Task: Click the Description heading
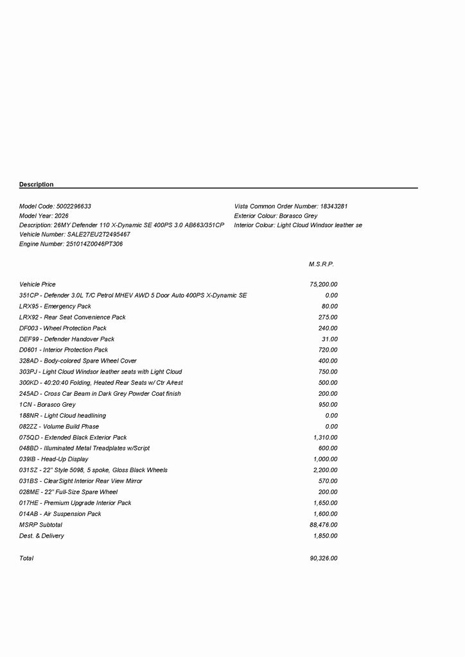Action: coord(37,185)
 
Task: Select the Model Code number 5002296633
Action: coord(74,207)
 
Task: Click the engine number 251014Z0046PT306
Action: coord(94,244)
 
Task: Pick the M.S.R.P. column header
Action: coord(321,264)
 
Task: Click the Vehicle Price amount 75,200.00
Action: coord(324,284)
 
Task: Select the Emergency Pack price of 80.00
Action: coord(329,306)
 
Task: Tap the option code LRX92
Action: coord(28,317)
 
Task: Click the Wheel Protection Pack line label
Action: coord(63,328)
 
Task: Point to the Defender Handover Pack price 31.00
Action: coord(329,339)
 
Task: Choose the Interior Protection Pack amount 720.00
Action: coord(328,350)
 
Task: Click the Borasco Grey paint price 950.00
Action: coord(328,405)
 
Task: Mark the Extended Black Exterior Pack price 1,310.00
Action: coord(325,438)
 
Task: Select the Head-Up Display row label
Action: coord(54,459)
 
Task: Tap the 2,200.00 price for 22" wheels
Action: coord(325,470)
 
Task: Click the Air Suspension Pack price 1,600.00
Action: coord(325,514)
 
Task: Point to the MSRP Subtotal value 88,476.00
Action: coord(324,525)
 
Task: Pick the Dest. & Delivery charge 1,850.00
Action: coord(325,536)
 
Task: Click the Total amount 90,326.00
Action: coord(324,558)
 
